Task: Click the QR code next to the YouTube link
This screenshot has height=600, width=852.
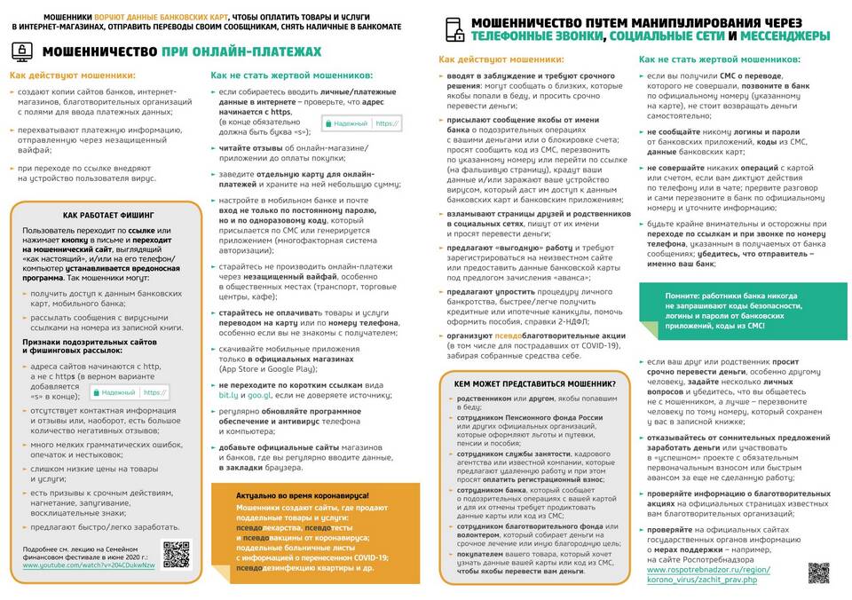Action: point(177,554)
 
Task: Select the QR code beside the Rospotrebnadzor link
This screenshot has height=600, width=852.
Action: point(818,572)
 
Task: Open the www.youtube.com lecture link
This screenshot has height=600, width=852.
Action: point(89,564)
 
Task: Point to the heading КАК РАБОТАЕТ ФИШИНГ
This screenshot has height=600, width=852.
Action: point(108,215)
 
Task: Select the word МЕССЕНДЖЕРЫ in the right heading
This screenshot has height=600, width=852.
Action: point(785,36)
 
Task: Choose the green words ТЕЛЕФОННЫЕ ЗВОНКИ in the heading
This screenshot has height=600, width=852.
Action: point(539,36)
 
